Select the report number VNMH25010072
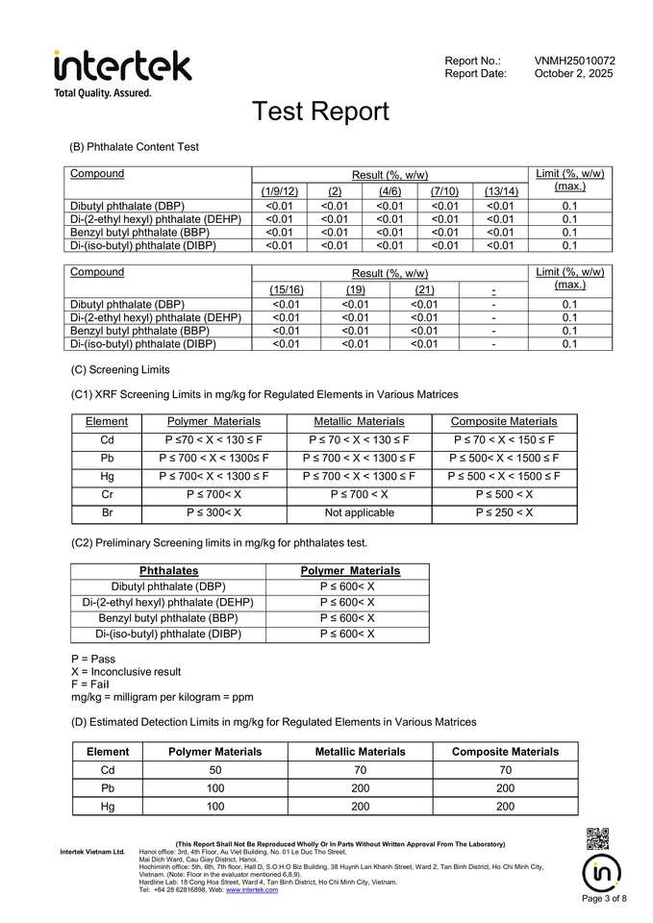click(x=574, y=61)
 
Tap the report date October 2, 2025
click(x=573, y=73)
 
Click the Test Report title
click(x=320, y=112)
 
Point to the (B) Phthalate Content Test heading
click(x=135, y=147)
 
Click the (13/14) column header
click(x=501, y=191)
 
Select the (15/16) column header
click(x=287, y=288)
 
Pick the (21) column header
click(x=424, y=288)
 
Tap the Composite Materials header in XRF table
click(x=504, y=422)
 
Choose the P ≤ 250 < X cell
click(x=504, y=512)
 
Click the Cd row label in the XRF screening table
click(x=107, y=439)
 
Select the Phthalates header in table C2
click(x=169, y=571)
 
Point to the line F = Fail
click(x=93, y=684)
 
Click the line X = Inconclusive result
click(x=126, y=671)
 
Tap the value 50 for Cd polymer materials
click(x=215, y=770)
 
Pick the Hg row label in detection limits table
click(x=108, y=807)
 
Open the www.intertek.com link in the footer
click(x=252, y=890)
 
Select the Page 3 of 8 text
click(x=605, y=899)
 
